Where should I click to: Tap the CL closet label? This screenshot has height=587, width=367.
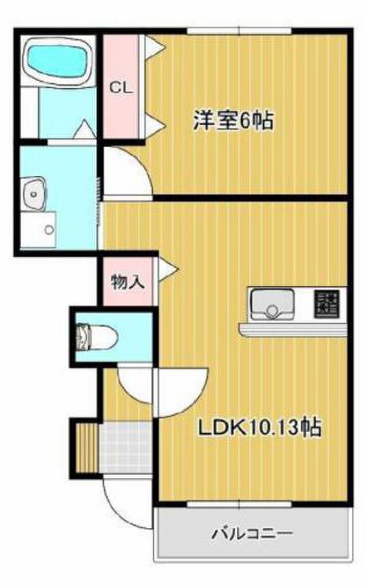[x=120, y=88]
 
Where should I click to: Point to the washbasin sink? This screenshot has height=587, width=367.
[x=34, y=194]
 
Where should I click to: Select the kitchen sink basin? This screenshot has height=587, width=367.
[x=272, y=303]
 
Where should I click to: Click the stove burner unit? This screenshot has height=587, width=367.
[x=326, y=304]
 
